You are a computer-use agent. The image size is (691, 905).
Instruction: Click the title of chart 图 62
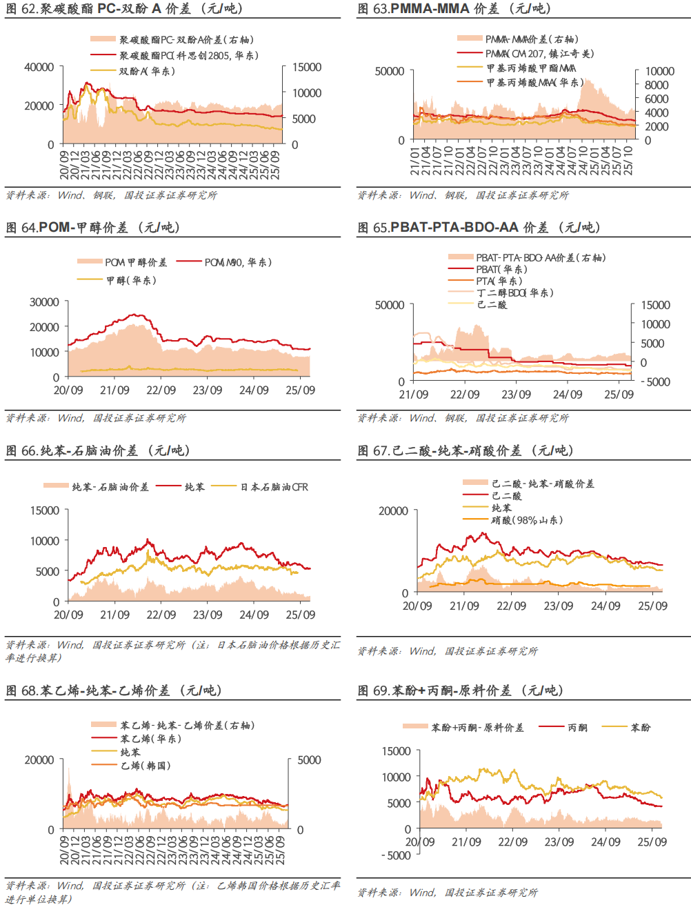pos(124,9)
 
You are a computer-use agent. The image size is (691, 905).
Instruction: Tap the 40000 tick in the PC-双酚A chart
pos(39,67)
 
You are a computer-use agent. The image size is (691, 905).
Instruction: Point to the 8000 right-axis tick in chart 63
pos(657,85)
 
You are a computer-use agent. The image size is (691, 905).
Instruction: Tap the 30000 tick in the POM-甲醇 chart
pos(44,302)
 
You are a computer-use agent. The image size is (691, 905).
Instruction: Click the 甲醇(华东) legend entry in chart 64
pos(131,280)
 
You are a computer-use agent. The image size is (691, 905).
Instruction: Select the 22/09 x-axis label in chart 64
pos(161,390)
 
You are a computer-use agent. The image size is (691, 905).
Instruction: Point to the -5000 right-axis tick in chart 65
pos(655,381)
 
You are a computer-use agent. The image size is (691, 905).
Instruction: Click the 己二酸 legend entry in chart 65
pos(492,304)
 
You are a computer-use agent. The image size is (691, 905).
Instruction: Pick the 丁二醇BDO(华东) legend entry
pos(514,292)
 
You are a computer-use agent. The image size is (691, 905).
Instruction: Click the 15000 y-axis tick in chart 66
pos(45,510)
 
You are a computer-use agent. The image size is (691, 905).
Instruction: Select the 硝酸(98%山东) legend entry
pos(527,520)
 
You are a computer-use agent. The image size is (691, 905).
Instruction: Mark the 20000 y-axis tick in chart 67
pos(393,511)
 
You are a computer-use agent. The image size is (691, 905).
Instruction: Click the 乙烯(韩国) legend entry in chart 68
pos(145,766)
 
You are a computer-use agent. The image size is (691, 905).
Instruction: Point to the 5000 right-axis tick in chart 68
pos(309,760)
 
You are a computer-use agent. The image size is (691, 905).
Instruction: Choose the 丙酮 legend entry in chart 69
pos(577,728)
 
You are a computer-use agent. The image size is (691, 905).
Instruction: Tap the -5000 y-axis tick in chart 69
pos(396,855)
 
